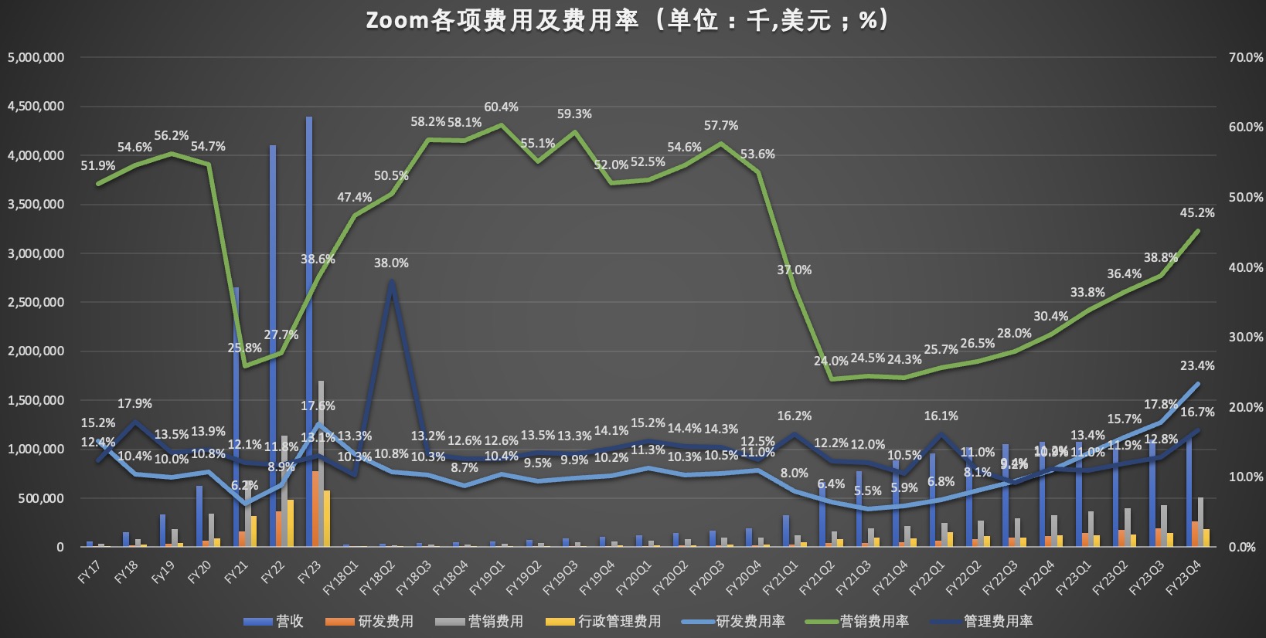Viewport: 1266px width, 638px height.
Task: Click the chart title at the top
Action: point(628,20)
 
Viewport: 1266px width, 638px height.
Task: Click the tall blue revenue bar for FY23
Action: point(309,332)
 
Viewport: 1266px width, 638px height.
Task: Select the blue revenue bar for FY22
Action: point(273,348)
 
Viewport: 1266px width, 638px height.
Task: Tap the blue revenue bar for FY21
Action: point(236,417)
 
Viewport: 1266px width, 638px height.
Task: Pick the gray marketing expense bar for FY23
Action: point(321,463)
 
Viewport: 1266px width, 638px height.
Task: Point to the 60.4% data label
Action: point(501,107)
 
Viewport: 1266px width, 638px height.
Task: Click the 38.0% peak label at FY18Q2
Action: point(391,263)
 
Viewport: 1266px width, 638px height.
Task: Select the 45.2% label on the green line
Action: point(1196,213)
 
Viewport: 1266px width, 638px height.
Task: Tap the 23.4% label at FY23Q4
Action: point(1196,366)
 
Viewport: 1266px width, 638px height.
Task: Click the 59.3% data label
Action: point(574,114)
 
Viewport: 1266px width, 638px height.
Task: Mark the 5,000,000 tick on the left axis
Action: point(36,58)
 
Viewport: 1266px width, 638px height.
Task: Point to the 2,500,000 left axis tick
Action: point(36,303)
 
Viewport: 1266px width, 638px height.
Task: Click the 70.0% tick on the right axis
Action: point(1246,58)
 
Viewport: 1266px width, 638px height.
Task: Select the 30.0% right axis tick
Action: point(1246,338)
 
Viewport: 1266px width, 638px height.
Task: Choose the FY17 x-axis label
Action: point(90,572)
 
